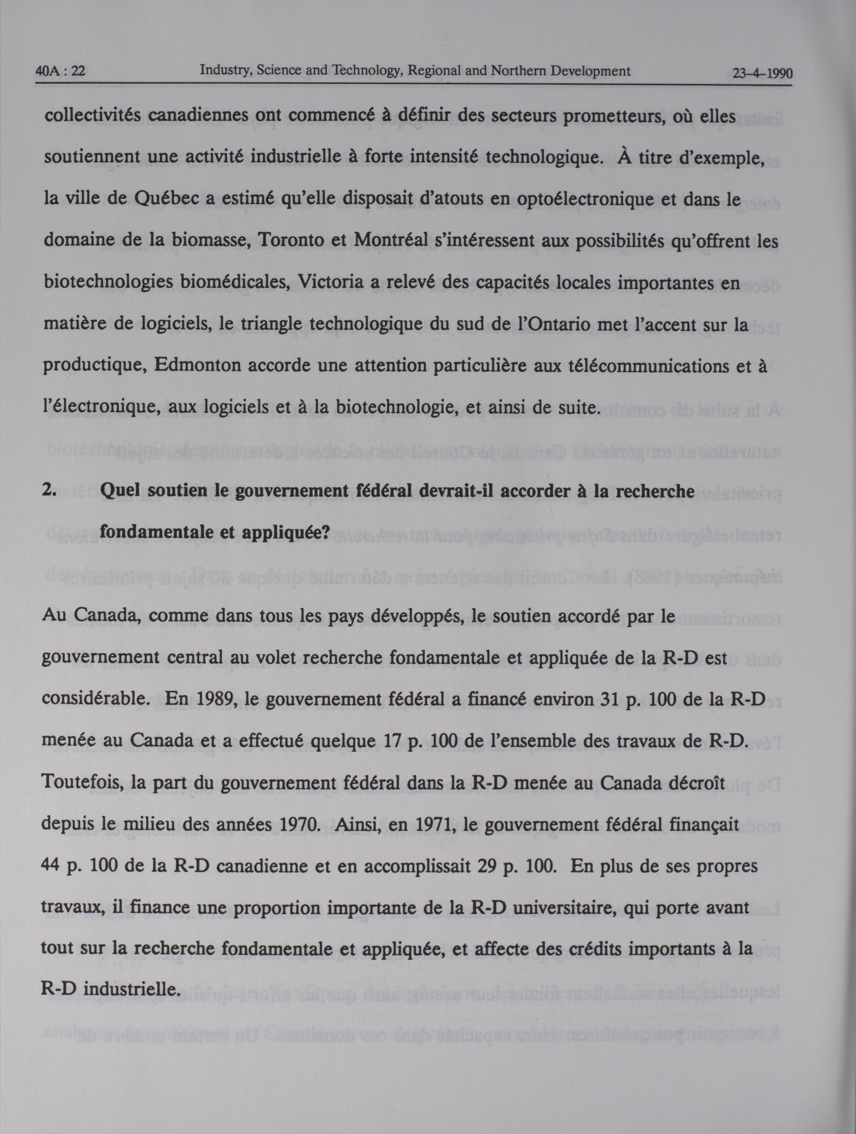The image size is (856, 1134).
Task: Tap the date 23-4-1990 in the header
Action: (x=762, y=74)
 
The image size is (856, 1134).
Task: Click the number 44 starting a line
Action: (x=51, y=867)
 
